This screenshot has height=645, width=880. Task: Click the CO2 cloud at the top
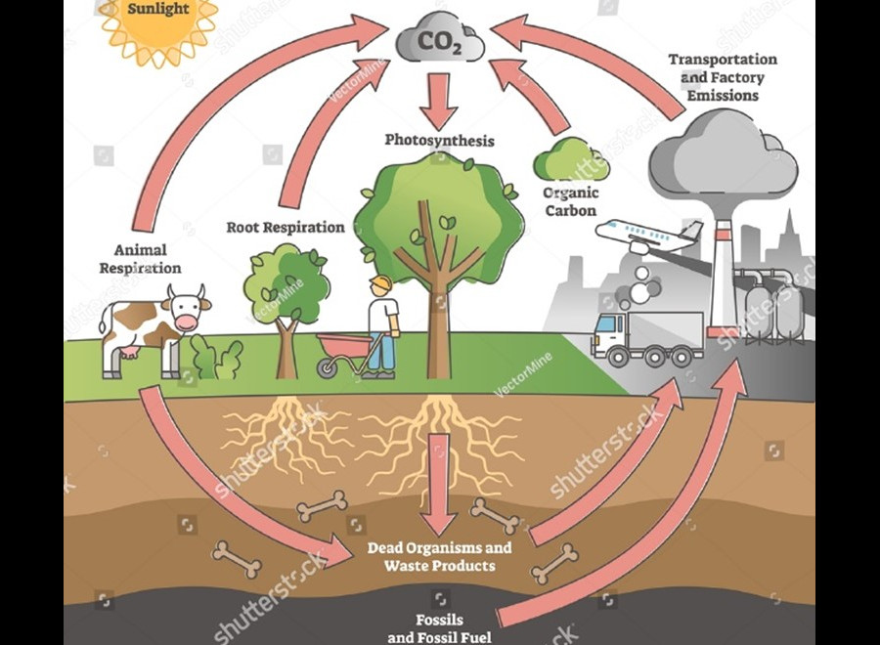440,41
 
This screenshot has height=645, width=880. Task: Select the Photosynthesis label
439,141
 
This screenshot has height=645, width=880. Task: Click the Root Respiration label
286,228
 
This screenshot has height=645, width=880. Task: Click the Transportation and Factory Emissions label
723,77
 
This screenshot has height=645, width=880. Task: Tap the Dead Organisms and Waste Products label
439,557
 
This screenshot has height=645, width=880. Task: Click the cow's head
186,310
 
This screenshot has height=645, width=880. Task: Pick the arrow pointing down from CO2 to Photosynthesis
440,99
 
